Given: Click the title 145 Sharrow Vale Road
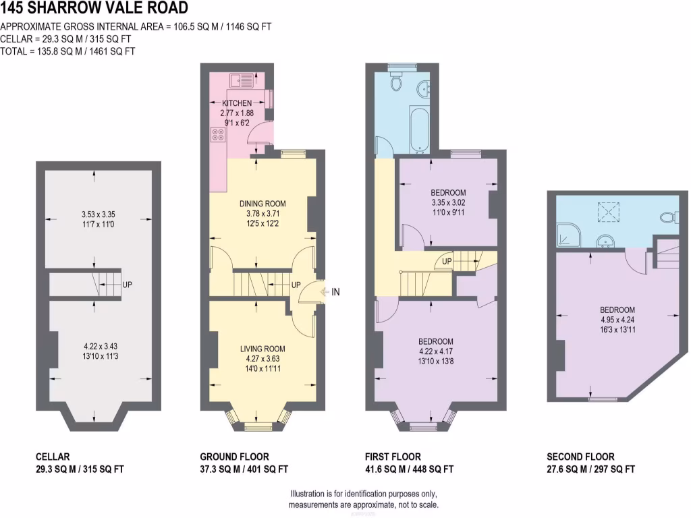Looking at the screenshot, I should (x=94, y=9).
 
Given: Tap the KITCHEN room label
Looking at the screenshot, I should (x=237, y=103).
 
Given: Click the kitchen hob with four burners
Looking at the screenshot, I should (x=219, y=134).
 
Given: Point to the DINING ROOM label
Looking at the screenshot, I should (x=262, y=203).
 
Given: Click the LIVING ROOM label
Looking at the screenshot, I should (x=262, y=349).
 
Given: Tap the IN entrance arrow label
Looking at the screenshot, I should (x=336, y=292).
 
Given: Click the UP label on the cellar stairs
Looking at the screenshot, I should (x=128, y=285).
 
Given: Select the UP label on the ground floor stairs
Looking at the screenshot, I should (x=296, y=285).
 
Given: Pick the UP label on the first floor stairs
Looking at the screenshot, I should (x=447, y=262).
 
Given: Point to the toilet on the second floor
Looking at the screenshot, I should (x=668, y=217).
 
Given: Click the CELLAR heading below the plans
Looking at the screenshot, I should (x=52, y=457).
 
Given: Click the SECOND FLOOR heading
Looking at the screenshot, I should (x=580, y=457).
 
